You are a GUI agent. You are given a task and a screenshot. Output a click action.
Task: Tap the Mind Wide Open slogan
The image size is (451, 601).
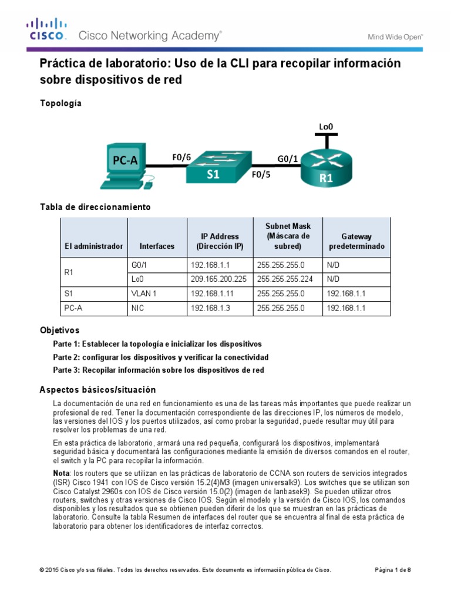(395, 36)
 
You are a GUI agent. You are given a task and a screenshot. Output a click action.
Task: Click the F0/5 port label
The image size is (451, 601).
(261, 175)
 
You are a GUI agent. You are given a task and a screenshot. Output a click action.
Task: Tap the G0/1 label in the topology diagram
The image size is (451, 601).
(287, 157)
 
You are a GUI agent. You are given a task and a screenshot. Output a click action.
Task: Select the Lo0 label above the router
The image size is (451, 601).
(327, 126)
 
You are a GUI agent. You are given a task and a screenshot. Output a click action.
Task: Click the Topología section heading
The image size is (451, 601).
(60, 103)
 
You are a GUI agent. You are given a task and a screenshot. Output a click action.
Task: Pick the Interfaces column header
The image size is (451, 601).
(157, 246)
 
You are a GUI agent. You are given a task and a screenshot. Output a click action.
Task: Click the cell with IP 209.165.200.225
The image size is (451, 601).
(218, 279)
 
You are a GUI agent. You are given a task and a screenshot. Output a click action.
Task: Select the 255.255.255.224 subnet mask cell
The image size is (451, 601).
(284, 279)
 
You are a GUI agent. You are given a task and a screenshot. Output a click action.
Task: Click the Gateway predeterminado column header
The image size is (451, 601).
(356, 241)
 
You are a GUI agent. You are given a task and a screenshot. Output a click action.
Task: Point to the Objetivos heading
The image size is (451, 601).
(59, 330)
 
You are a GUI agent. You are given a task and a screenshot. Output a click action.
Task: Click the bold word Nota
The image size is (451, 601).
(61, 472)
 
